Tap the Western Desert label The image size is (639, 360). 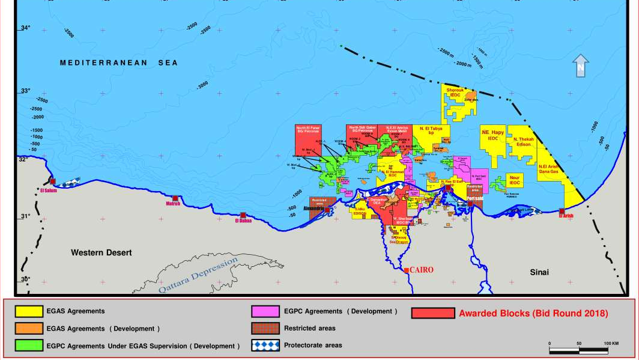click(x=101, y=252)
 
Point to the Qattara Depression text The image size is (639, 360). click(x=198, y=276)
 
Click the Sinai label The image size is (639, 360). click(x=539, y=272)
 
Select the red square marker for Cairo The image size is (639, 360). click(x=407, y=270)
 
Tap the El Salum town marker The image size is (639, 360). click(x=52, y=181)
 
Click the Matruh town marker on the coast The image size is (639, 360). click(x=175, y=198)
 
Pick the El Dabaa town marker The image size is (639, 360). click(x=243, y=215)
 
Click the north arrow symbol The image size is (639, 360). click(x=580, y=66)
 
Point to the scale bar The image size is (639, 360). click(x=579, y=350)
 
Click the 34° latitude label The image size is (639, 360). click(x=26, y=28)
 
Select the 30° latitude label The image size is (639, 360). click(x=26, y=279)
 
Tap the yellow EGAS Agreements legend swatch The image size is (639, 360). click(x=28, y=311)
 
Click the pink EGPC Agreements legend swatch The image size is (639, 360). click(x=265, y=311)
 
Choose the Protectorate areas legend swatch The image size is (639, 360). click(x=265, y=345)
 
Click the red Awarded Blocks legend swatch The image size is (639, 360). click(x=432, y=313)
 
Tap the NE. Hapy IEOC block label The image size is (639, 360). click(x=492, y=135)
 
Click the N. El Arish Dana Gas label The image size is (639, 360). click(x=548, y=169)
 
